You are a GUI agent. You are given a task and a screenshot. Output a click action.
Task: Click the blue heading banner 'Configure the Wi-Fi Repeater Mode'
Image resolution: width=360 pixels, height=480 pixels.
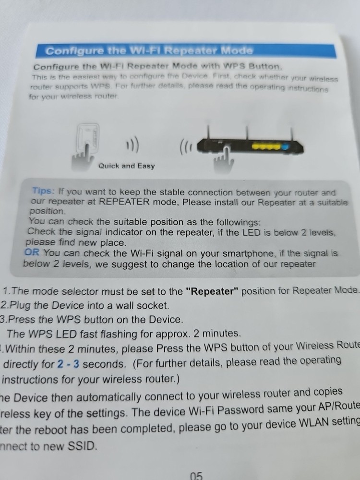point(149,50)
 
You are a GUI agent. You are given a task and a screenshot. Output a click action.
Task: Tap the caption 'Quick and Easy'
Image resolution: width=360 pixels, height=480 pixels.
point(126,166)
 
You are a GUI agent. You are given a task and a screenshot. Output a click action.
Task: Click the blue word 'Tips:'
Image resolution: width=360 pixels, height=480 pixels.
point(44,191)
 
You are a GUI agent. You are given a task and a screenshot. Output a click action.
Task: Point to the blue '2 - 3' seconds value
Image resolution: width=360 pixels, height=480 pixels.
point(68,364)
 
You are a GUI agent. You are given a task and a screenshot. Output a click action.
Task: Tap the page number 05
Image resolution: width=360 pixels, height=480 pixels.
point(196,475)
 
